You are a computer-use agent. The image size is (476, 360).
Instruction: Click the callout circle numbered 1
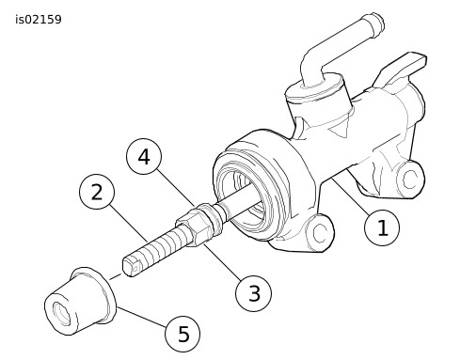pyautogui.click(x=382, y=227)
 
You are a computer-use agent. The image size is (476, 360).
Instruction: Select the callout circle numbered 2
pyautogui.click(x=97, y=194)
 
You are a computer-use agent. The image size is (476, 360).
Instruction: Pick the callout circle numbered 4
pyautogui.click(x=144, y=157)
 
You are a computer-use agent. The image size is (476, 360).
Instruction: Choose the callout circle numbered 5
pyautogui.click(x=183, y=333)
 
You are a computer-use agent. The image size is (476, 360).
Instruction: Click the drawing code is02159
pyautogui.click(x=39, y=19)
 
